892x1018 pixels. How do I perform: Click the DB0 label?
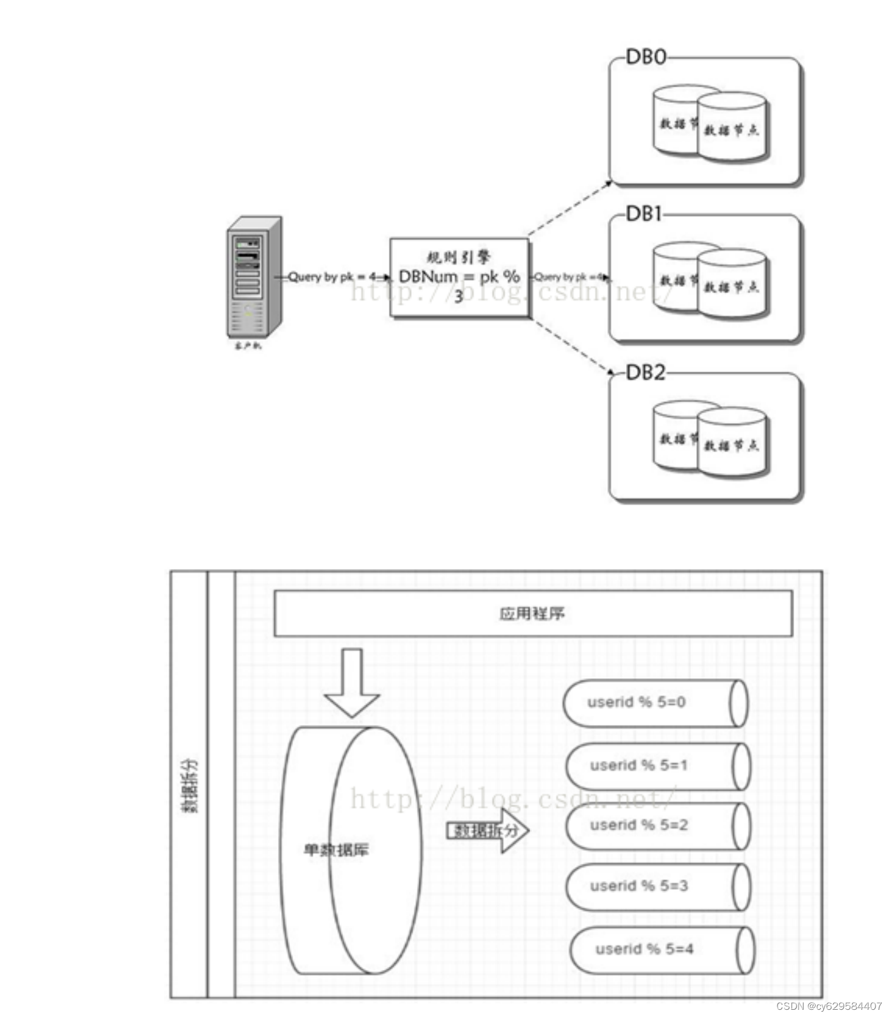click(645, 57)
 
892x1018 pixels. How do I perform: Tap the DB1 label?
click(644, 214)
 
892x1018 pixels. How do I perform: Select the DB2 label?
click(645, 373)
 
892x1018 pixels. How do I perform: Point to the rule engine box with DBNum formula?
click(459, 277)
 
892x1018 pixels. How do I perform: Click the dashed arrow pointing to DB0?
click(569, 208)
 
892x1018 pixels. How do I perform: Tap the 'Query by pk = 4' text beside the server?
click(331, 277)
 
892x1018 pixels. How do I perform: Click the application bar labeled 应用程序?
click(533, 613)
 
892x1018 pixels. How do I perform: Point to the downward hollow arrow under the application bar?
click(352, 682)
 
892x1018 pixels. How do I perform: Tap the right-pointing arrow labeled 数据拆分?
click(487, 830)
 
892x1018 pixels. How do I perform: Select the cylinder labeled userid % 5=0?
click(654, 702)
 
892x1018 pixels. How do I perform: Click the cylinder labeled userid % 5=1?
click(657, 765)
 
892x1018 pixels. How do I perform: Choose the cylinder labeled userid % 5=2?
click(657, 825)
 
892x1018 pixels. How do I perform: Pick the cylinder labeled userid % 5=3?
click(657, 886)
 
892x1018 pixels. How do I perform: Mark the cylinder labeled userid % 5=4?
click(661, 949)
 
